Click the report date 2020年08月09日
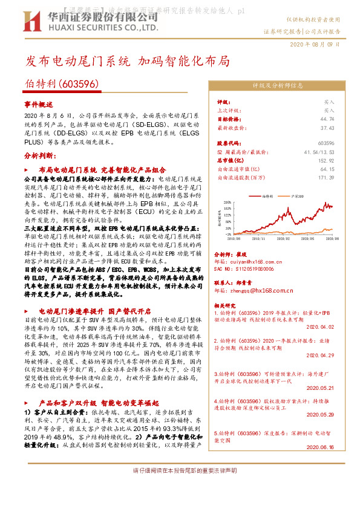315,45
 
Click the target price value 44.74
328,119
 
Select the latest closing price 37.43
328,128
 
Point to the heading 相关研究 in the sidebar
226,305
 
